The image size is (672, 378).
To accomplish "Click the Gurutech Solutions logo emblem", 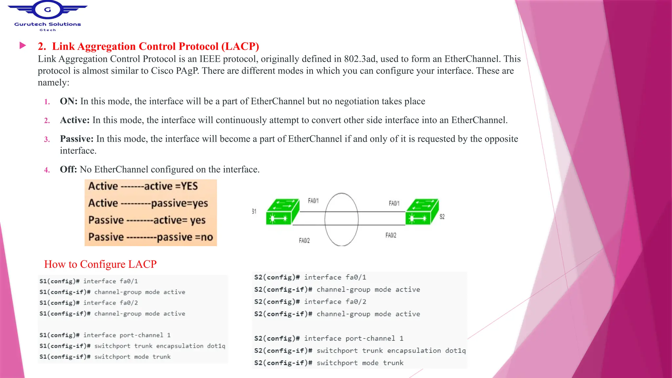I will [x=48, y=10].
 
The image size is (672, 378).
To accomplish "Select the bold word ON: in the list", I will [x=69, y=101].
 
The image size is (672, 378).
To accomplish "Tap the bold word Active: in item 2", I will [x=75, y=120].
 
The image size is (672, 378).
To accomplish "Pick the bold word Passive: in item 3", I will [x=77, y=139].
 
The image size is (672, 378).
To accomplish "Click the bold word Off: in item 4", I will [x=68, y=169].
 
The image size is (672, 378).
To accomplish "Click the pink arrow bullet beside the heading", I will [x=23, y=46].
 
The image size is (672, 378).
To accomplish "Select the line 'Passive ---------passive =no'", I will [x=151, y=237].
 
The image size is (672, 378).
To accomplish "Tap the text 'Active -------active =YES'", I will [x=143, y=186].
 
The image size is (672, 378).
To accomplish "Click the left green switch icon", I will [x=283, y=212].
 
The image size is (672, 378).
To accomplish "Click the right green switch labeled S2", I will [x=422, y=212].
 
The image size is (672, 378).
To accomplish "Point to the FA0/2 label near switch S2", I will [x=391, y=235].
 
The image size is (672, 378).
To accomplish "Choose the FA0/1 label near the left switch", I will [x=313, y=201].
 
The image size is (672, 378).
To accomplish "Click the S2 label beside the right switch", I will [x=442, y=217].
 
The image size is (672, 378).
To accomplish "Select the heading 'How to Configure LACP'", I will [x=100, y=264].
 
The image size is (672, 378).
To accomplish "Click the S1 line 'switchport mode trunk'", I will [x=105, y=357].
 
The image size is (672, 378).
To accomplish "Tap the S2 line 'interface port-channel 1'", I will [x=329, y=338].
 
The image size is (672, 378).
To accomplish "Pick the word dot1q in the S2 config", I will [x=455, y=350].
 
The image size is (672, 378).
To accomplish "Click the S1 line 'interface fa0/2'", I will [x=89, y=303].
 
